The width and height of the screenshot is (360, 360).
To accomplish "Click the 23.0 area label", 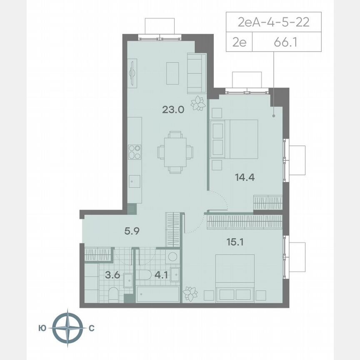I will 171,110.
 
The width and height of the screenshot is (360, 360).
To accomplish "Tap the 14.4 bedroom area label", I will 244,177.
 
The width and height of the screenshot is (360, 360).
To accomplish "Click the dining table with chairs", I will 175,152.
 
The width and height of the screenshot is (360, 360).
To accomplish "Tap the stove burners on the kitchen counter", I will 134,152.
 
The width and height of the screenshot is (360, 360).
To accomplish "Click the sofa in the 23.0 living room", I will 196,73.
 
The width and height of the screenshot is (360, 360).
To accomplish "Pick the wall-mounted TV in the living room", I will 132,73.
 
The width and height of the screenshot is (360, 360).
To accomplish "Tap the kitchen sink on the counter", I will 134,180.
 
